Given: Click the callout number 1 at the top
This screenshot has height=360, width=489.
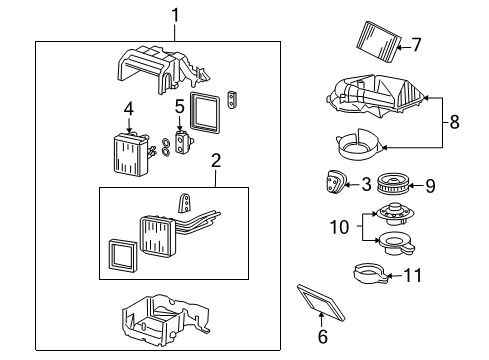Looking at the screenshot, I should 175,16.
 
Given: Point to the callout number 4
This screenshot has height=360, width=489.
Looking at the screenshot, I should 129,107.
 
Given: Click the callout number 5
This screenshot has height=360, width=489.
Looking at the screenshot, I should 180,105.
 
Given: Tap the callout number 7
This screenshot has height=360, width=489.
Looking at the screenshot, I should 417,43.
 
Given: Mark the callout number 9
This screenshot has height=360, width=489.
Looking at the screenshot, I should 431,184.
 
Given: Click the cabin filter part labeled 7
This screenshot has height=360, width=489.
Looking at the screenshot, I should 376,41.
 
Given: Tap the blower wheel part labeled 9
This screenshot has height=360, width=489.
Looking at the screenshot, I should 396,184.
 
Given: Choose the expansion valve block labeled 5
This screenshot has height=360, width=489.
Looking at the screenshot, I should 181,140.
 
